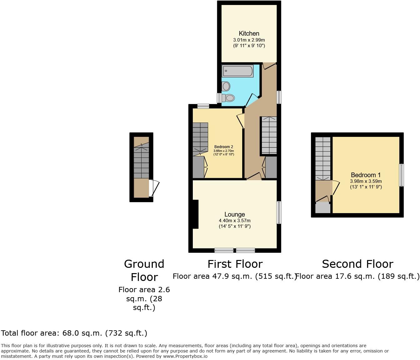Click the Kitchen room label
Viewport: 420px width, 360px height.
tap(249, 33)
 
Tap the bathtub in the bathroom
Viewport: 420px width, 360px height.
tap(237, 71)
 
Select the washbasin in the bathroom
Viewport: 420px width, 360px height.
tap(226, 86)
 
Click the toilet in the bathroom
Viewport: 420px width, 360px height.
tap(228, 98)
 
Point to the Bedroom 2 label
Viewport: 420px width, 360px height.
tap(223, 147)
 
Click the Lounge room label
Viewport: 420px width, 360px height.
tap(234, 214)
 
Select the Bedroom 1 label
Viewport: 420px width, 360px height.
tap(366, 175)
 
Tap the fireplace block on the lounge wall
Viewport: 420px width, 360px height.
tap(195, 214)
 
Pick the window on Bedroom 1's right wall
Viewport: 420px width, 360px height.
tap(402, 175)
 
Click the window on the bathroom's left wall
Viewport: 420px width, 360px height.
tap(219, 98)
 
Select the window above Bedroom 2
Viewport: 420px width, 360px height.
tap(203, 106)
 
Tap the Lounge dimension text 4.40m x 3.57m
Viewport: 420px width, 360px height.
tap(234, 221)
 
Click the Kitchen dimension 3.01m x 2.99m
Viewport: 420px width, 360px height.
tap(249, 40)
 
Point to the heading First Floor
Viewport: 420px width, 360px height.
tap(235, 264)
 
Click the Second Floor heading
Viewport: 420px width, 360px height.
tap(357, 264)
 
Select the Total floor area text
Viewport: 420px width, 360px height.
tap(74, 333)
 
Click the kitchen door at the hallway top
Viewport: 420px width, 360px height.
tap(269, 65)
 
